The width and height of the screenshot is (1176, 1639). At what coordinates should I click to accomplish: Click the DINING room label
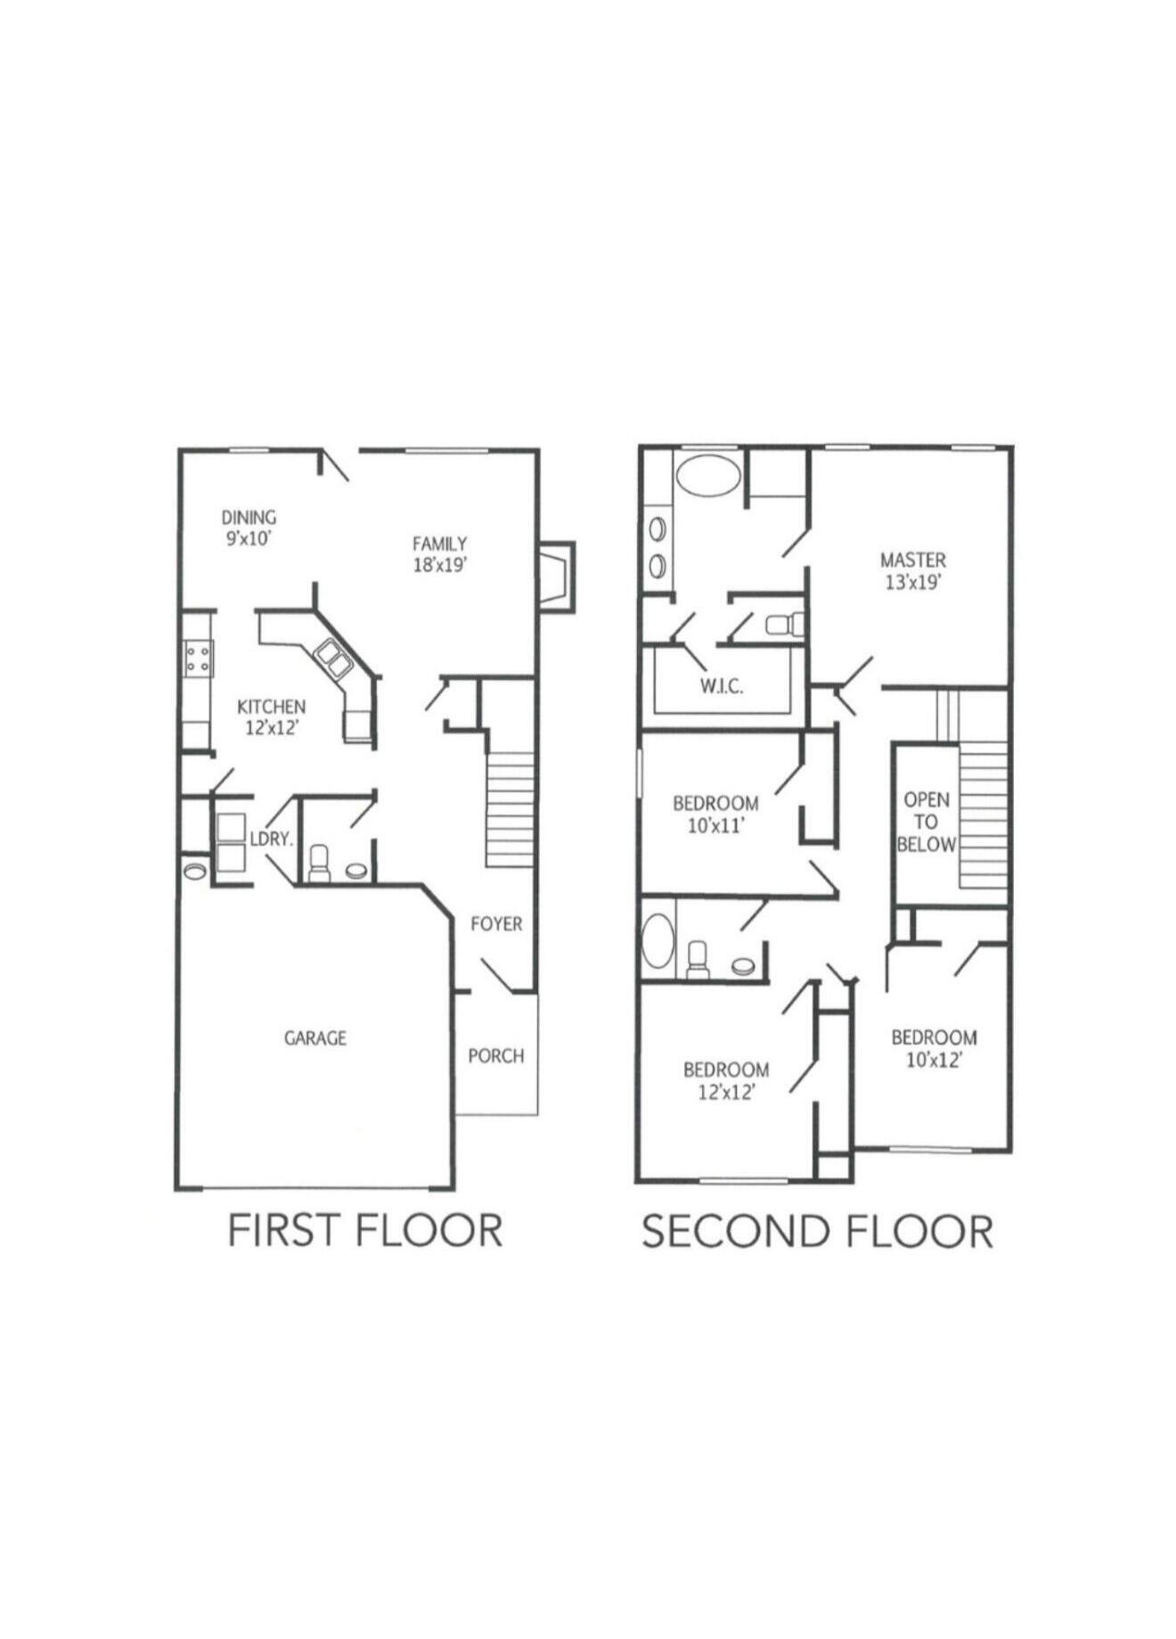pos(249,528)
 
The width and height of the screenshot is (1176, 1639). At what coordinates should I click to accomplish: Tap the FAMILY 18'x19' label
pos(439,553)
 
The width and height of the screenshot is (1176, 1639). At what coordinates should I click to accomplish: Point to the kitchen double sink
pos(332,658)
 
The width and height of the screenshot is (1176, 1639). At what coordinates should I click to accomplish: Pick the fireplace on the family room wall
pos(556,578)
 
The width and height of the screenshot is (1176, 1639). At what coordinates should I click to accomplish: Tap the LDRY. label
pos(271,839)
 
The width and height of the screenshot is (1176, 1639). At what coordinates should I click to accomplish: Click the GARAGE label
pos(314,1038)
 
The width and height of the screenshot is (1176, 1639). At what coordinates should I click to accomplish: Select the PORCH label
pos(495,1056)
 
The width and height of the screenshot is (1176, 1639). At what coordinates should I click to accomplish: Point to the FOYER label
pos(496,924)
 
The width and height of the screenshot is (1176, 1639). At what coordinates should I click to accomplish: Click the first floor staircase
pos(510,809)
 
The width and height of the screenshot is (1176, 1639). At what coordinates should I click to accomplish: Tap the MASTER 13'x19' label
pos(913,570)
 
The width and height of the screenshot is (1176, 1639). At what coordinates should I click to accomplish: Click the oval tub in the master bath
pos(706,474)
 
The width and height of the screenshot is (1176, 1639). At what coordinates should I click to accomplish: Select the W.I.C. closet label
pos(721,686)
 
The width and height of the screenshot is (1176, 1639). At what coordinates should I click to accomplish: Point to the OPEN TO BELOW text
pos(926,822)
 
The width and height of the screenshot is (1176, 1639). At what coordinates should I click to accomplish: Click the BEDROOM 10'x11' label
pos(715,814)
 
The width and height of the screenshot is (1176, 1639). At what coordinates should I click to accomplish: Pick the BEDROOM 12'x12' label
pos(726,1080)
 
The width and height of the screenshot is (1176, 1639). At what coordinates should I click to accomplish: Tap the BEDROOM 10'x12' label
pos(934,1048)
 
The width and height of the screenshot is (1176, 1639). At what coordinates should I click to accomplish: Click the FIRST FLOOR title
pos(365,1231)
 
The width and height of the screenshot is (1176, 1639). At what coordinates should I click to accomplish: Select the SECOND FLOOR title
pos(817,1232)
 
